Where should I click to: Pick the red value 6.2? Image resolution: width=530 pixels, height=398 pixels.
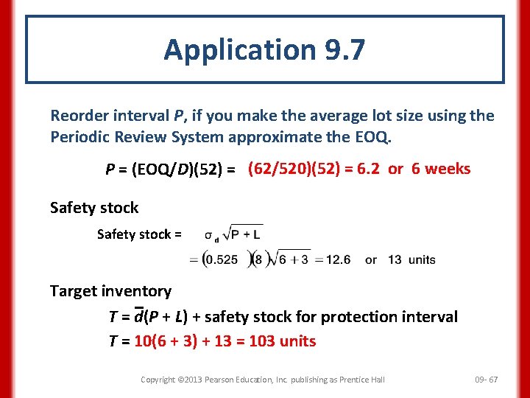point(367,169)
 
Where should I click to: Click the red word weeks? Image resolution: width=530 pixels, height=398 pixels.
point(448,169)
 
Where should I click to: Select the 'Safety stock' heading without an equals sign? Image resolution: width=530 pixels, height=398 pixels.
point(94,208)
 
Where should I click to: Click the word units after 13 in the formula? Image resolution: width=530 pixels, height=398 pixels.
point(422,259)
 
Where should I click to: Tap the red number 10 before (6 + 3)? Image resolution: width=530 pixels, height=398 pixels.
point(142,341)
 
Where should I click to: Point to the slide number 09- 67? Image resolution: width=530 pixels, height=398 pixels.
point(486,380)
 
